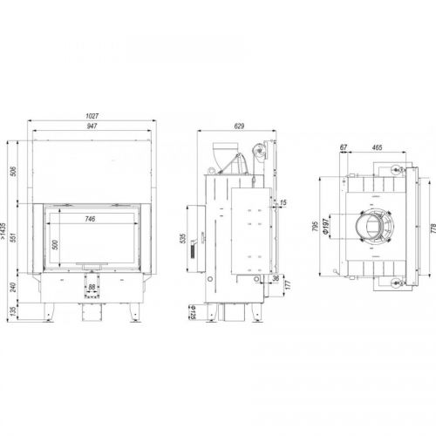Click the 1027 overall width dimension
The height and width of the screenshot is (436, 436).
(92, 116)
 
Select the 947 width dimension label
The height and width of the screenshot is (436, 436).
(92, 126)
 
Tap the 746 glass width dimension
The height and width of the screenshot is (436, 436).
(90, 219)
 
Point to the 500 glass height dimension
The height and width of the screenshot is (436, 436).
(55, 245)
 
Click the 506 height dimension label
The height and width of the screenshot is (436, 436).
(14, 172)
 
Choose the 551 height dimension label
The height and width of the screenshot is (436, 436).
(14, 237)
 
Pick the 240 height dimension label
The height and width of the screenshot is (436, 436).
(14, 288)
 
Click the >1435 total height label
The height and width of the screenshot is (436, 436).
(3, 231)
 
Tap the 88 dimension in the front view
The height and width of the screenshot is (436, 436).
(92, 287)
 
